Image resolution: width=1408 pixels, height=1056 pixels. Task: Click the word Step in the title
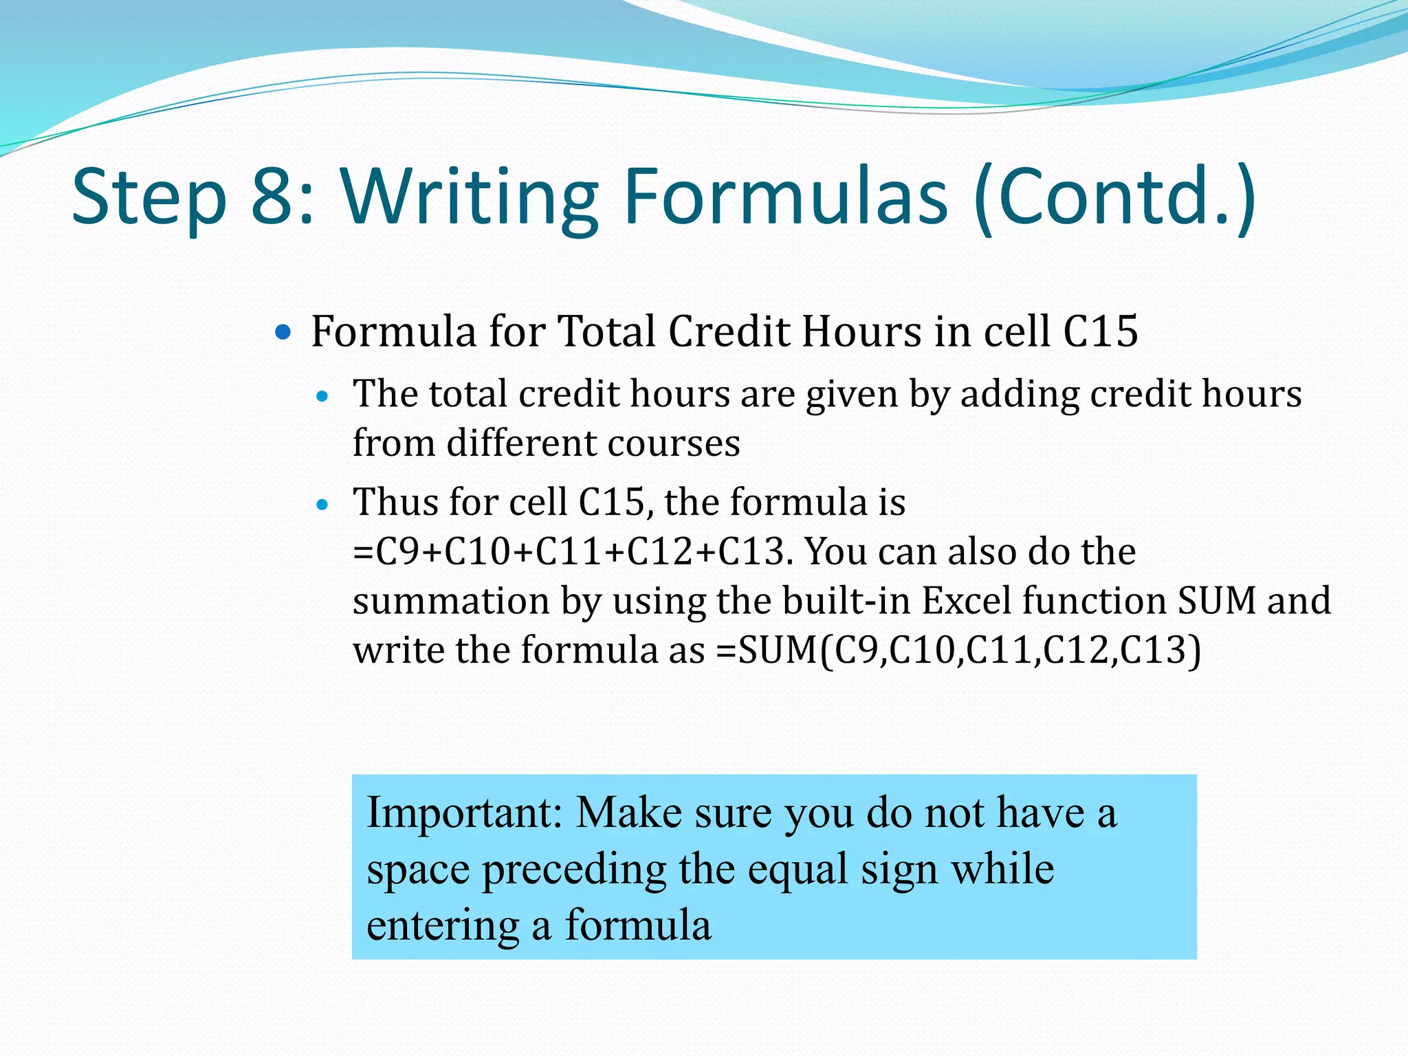(x=148, y=197)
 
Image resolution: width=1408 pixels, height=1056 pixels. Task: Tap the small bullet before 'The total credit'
(x=322, y=397)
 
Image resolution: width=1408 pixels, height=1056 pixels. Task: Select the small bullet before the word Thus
(x=322, y=505)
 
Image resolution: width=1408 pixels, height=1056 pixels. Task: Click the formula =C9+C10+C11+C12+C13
(x=568, y=551)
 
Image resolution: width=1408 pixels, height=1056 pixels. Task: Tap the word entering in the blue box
(x=443, y=926)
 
